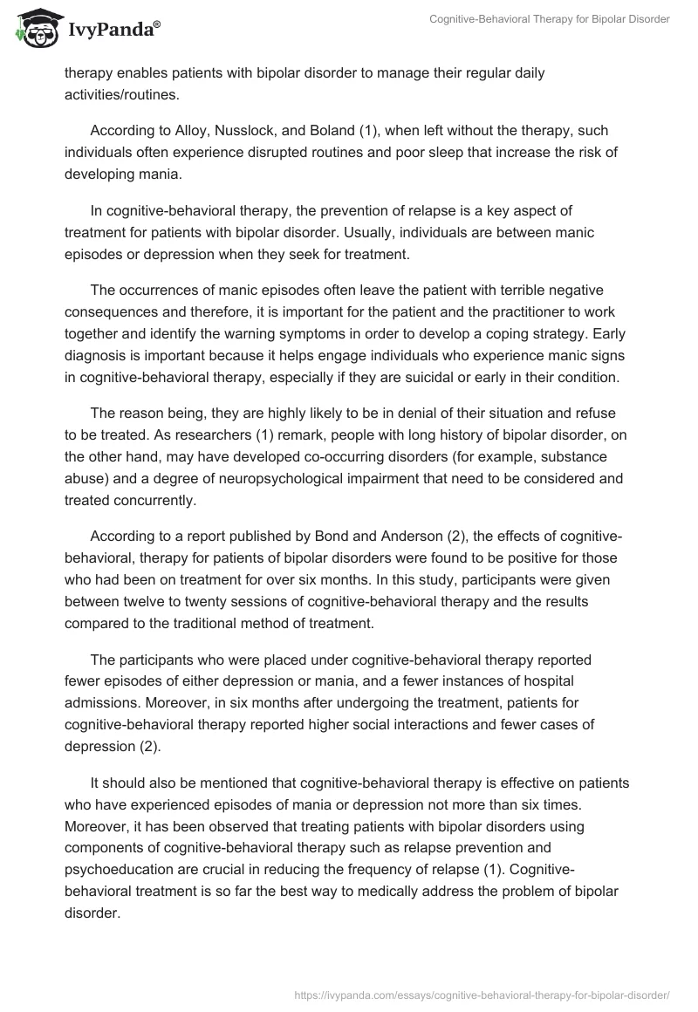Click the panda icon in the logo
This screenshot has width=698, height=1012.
32,28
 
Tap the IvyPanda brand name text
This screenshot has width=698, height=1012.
113,31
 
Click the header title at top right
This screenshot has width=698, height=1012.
550,19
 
